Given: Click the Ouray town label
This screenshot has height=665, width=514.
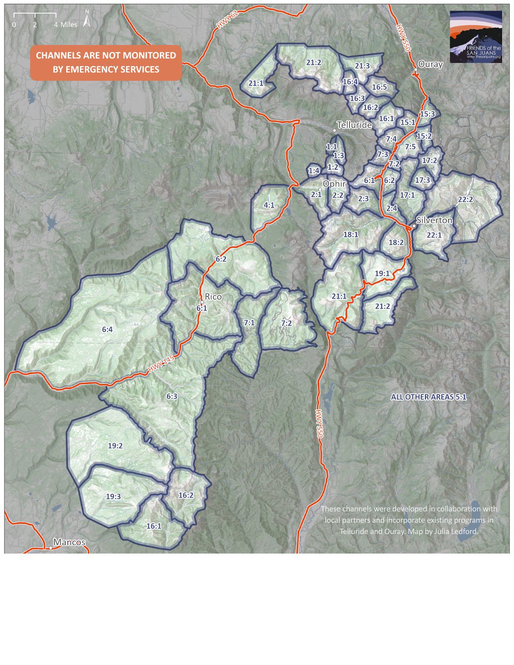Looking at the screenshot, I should pyautogui.click(x=430, y=64).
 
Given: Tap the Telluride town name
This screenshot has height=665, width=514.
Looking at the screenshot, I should pyautogui.click(x=354, y=125).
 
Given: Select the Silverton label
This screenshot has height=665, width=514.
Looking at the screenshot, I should pyautogui.click(x=434, y=220).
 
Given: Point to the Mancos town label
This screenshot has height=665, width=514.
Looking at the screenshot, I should pyautogui.click(x=69, y=542).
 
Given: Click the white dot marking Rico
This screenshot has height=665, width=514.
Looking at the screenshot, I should pyautogui.click(x=202, y=302).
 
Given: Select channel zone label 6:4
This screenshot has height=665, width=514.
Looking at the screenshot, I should pyautogui.click(x=107, y=329).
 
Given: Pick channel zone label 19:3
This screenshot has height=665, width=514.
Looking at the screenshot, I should pyautogui.click(x=113, y=496).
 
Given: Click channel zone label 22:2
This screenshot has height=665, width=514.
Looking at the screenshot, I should pyautogui.click(x=465, y=199).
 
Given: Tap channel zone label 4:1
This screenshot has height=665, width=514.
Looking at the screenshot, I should pyautogui.click(x=269, y=205).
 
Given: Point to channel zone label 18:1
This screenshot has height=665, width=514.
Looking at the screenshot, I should pyautogui.click(x=351, y=234).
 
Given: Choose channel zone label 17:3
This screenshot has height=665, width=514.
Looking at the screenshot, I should pyautogui.click(x=423, y=180).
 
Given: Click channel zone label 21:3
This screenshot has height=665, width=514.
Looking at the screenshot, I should pyautogui.click(x=362, y=66).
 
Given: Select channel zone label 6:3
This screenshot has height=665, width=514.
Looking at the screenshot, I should pyautogui.click(x=172, y=396).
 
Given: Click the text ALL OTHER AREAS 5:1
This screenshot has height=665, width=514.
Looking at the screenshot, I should pyautogui.click(x=428, y=397).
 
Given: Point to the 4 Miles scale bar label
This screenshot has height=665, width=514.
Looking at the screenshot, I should pyautogui.click(x=65, y=25).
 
